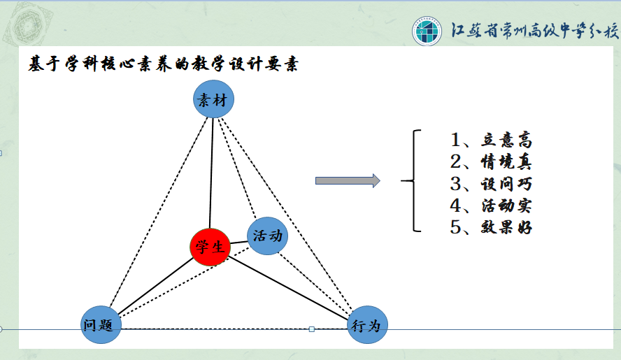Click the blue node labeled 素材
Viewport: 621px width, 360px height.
(213, 99)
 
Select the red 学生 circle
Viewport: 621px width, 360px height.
(210, 247)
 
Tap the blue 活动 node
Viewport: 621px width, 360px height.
(267, 236)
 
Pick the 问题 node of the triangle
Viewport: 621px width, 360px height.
(101, 325)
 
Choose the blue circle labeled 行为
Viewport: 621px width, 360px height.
(367, 325)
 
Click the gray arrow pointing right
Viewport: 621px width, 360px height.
(348, 181)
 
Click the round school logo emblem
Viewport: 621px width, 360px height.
(427, 31)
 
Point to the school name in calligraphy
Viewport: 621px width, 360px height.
(535, 31)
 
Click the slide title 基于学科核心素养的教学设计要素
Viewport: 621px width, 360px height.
(163, 64)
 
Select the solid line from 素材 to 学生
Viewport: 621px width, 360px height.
(211, 173)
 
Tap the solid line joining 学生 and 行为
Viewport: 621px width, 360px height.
(288, 288)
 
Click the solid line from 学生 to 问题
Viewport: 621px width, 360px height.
(156, 286)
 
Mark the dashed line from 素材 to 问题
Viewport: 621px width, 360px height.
(159, 212)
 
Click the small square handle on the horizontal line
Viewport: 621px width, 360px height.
(312, 329)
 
